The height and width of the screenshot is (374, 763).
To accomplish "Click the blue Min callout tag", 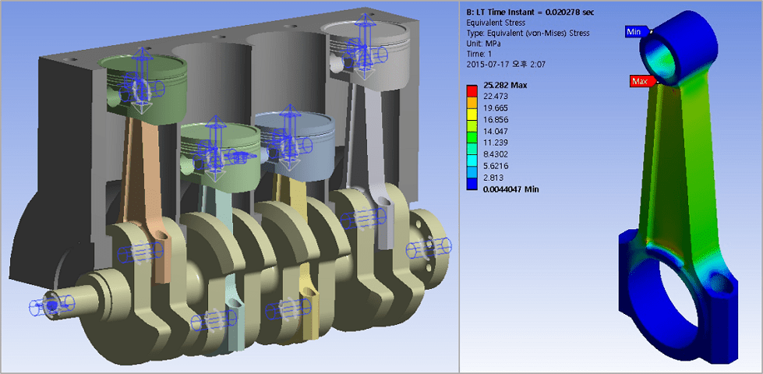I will (x=634, y=32).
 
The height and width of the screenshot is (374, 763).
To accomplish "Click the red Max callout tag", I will (x=640, y=81).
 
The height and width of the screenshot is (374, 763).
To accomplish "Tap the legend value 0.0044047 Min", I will (x=511, y=189).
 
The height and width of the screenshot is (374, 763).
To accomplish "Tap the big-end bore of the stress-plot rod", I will (x=685, y=300).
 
